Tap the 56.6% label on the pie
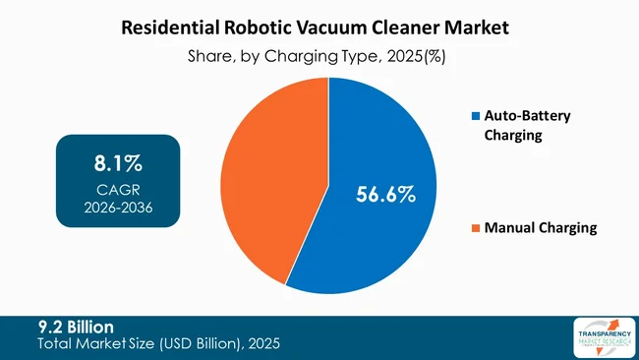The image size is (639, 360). coord(384,195)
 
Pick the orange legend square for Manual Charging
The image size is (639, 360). coord(477,228)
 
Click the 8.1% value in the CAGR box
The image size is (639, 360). coord(118,160)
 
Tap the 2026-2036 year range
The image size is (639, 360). coord(118,208)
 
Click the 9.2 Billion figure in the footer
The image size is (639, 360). coord(76,326)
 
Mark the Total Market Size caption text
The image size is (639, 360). coord(157,343)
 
